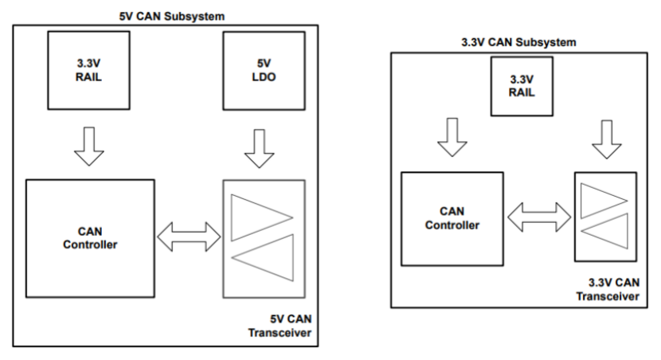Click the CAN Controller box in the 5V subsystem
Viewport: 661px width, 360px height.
pyautogui.click(x=89, y=237)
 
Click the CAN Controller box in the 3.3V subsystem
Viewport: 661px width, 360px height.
pyautogui.click(x=452, y=217)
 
